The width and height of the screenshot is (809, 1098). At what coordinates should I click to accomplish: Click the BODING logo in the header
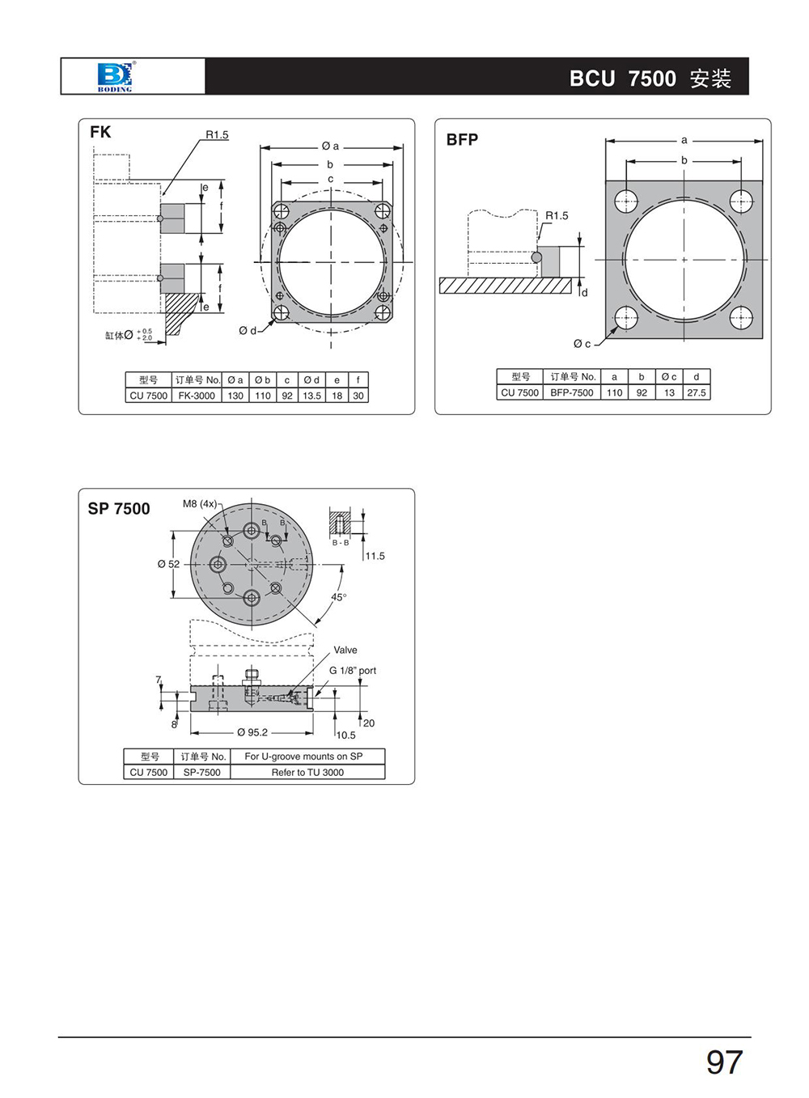point(115,76)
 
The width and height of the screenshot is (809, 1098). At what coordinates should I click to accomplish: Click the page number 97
point(724,1062)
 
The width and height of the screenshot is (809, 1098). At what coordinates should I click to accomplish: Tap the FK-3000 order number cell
point(197,396)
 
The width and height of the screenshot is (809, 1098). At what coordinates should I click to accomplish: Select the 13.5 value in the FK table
point(311,396)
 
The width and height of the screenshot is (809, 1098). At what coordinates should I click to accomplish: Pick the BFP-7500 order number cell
point(572,392)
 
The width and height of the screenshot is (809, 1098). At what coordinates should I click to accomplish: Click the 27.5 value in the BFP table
point(697,392)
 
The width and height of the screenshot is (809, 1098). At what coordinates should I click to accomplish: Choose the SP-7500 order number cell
point(201,772)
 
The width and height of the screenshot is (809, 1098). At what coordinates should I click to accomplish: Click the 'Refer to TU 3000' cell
point(307,772)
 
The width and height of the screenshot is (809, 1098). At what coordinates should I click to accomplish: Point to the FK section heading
point(100,132)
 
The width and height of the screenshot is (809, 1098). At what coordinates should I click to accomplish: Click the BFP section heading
point(462,139)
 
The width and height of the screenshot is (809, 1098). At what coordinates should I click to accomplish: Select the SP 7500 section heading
point(119,508)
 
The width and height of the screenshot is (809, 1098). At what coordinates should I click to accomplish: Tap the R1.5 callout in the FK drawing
point(217,135)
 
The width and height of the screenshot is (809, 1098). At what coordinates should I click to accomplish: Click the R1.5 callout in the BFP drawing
point(557,215)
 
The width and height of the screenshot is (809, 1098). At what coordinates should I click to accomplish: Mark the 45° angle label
point(339,597)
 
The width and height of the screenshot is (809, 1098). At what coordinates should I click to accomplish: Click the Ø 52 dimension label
point(169,564)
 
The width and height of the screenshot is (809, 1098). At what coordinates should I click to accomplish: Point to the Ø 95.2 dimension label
point(252,732)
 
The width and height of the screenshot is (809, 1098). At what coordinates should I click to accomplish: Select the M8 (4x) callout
point(200,503)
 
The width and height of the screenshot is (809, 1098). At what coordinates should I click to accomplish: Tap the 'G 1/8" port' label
point(353,670)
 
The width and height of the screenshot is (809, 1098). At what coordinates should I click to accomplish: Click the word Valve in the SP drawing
point(345,650)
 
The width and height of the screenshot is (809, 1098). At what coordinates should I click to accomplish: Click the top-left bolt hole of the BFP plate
point(626,201)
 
